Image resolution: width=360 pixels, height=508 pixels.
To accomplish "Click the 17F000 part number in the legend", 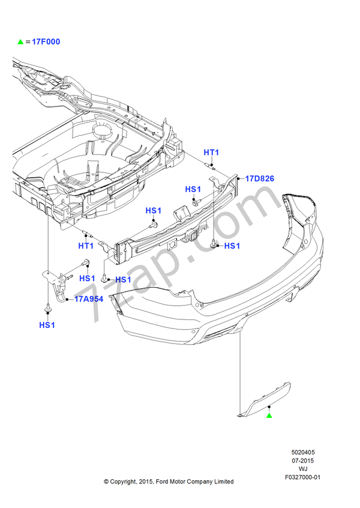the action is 46,42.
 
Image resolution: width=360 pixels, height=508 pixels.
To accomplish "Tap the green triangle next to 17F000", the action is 20,42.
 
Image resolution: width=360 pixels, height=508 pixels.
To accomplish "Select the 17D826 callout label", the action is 260,178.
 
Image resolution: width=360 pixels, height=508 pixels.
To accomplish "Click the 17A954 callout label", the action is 89,299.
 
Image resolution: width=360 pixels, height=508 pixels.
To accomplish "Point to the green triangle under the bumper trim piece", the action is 269,415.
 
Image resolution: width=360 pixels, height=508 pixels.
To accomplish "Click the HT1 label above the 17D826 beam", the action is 211,153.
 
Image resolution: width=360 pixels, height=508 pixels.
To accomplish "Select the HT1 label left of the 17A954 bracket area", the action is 86,246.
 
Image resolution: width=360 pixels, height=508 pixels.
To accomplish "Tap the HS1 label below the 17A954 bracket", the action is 47,325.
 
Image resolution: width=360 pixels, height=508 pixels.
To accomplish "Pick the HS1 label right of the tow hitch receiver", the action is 232,246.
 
